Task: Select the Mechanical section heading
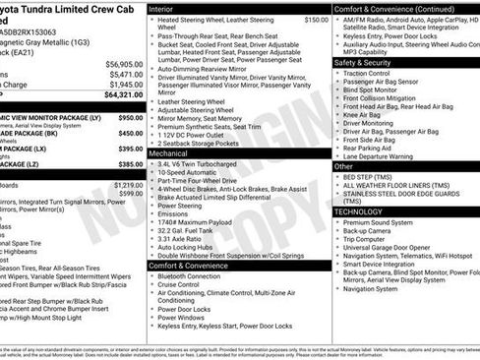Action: coord(168,154)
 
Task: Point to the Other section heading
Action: coord(343,166)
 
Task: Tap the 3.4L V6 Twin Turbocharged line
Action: coord(202,165)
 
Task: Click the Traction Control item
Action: coord(368,73)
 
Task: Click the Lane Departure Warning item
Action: coord(385,155)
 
